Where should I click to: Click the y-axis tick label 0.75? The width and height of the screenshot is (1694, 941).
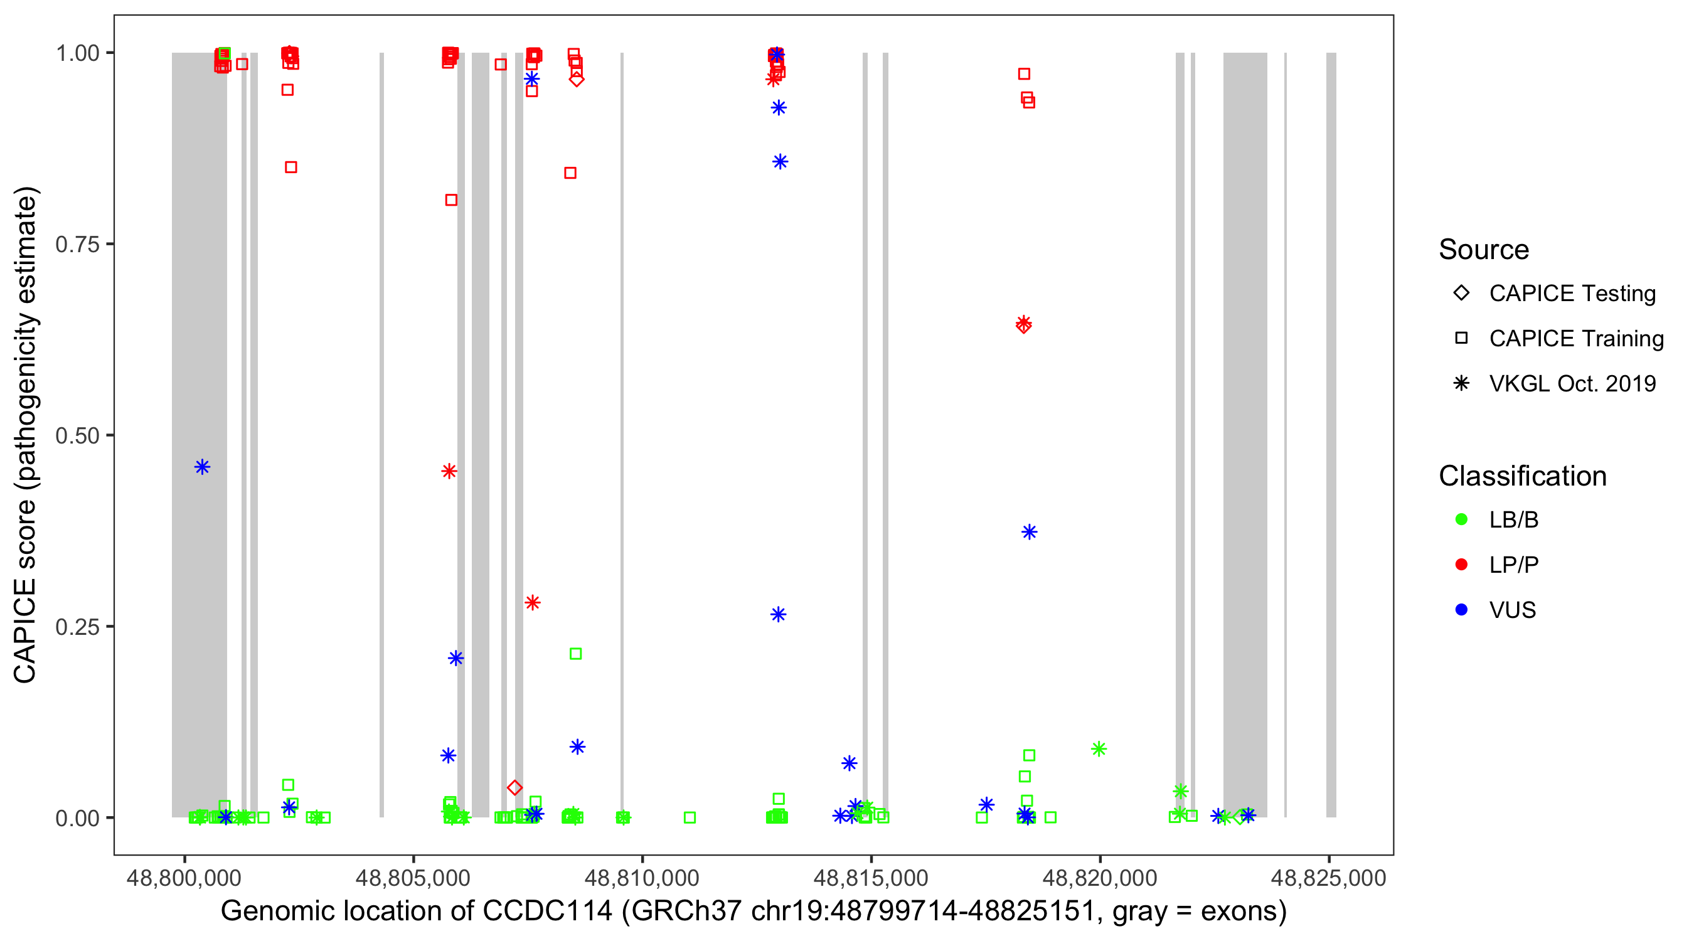(77, 245)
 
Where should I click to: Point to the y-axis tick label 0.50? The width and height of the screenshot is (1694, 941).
(77, 435)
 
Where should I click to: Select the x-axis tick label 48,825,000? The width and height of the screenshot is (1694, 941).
(1328, 878)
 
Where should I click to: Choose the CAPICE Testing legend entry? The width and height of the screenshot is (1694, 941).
(1572, 294)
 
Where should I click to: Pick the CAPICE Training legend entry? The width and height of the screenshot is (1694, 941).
(1575, 339)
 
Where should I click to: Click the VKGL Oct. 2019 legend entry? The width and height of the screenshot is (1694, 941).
(1572, 383)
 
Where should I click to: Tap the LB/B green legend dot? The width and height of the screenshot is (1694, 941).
(1461, 519)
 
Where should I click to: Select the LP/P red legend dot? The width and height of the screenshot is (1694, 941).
(1461, 565)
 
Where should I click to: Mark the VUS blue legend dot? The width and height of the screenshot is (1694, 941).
(1461, 610)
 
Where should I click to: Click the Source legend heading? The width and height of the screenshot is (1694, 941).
(1484, 250)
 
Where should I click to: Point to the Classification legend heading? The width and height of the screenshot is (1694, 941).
(1522, 476)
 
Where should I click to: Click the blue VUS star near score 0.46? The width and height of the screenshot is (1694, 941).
(202, 467)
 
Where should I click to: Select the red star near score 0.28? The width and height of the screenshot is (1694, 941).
(533, 602)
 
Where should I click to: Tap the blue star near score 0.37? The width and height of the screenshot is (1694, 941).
(1029, 532)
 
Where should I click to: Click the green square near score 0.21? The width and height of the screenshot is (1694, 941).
(575, 654)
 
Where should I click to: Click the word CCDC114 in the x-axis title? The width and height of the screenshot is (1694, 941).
(547, 912)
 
